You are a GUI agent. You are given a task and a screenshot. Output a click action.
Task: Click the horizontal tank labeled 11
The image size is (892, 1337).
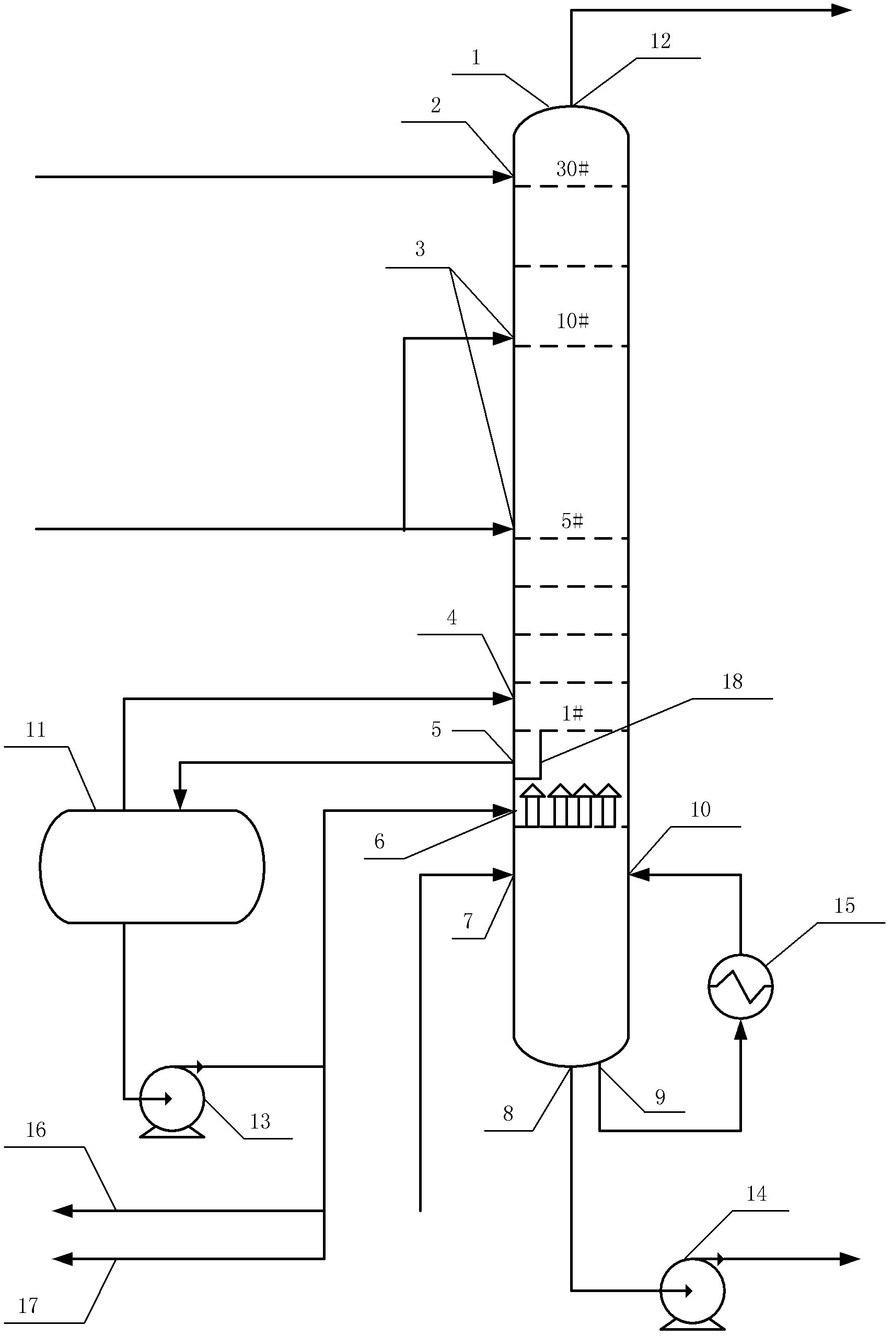(152, 866)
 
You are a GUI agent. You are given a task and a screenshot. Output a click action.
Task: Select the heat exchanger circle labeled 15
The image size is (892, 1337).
(740, 986)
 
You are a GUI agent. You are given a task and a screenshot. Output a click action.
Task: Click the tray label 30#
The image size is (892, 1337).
(572, 169)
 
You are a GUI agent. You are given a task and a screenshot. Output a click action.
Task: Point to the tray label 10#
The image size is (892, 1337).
(572, 321)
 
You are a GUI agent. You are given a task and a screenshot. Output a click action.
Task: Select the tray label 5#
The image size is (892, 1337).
(572, 520)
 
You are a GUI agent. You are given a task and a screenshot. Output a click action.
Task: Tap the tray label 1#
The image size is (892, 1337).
(572, 713)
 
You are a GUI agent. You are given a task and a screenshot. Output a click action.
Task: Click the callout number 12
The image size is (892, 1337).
(661, 41)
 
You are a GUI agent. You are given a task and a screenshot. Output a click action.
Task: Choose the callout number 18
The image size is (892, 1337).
(733, 681)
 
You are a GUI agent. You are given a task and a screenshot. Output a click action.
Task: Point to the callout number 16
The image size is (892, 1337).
(36, 1130)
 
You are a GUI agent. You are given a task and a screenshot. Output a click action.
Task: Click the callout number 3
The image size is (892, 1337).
(420, 249)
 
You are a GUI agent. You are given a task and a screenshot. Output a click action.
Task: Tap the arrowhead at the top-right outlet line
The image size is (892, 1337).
(841, 10)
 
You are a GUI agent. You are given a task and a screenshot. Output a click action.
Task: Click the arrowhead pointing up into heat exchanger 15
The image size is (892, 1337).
(740, 1030)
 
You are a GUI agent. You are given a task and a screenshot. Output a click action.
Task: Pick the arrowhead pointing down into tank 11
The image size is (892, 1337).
(180, 799)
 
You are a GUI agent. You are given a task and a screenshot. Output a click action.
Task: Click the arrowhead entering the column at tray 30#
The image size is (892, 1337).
(503, 177)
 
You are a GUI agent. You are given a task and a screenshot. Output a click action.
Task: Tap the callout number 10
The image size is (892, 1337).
(700, 810)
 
